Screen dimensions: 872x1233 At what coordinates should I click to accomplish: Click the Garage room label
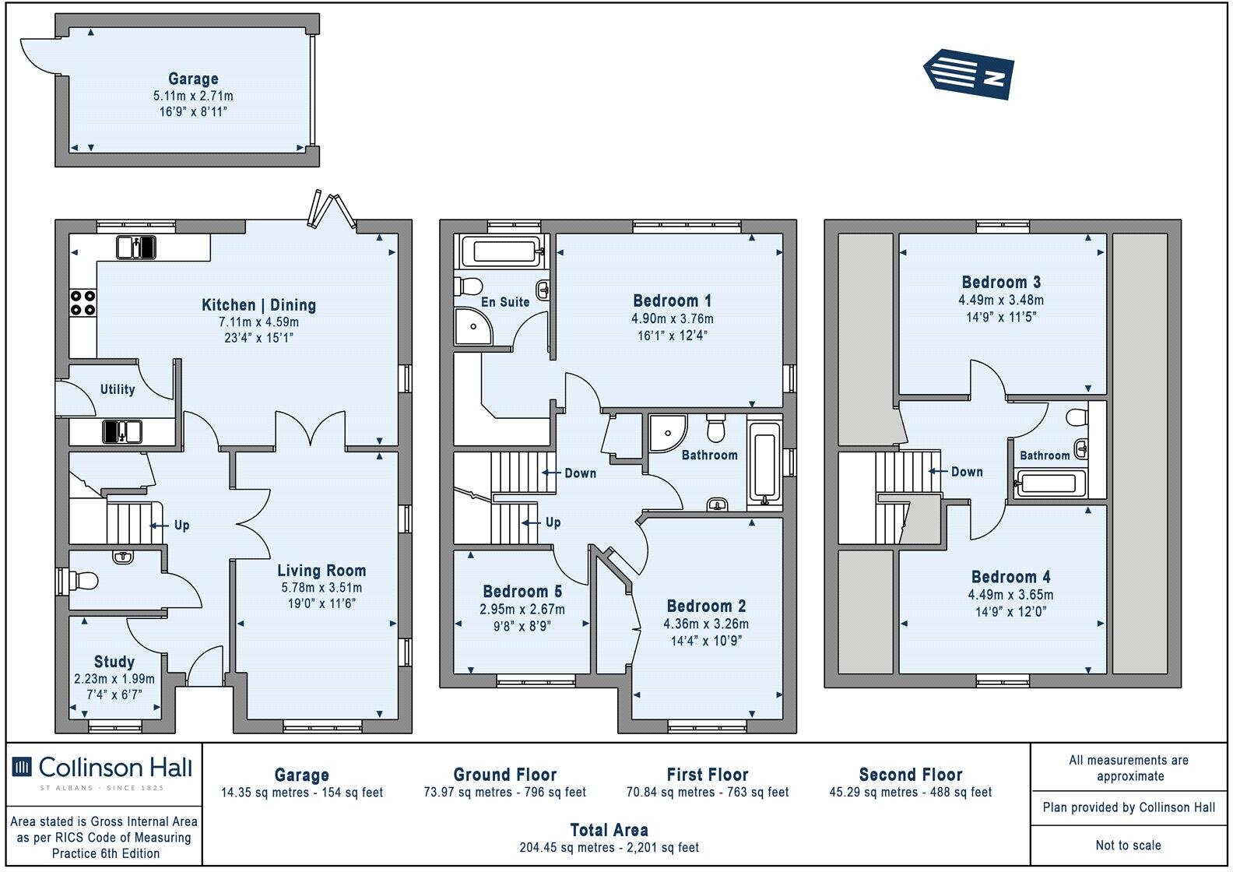(193, 79)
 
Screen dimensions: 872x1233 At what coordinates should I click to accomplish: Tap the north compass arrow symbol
(968, 75)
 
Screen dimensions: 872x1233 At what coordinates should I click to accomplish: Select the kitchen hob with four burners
(83, 302)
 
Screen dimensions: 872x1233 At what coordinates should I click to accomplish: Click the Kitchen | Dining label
(258, 305)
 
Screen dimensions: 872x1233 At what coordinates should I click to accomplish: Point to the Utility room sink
(122, 431)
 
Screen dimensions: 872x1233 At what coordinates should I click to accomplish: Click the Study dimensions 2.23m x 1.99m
(114, 679)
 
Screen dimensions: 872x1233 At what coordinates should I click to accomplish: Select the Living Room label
(321, 571)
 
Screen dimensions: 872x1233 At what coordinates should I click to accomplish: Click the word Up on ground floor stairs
(181, 526)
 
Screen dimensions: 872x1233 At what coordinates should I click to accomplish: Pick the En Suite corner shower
(473, 326)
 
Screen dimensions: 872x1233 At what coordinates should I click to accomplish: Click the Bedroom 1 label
(672, 301)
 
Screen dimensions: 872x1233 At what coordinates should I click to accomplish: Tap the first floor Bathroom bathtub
(764, 466)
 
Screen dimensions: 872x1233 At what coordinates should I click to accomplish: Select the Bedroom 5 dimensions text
(522, 610)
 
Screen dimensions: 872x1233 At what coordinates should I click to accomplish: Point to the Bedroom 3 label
(1001, 282)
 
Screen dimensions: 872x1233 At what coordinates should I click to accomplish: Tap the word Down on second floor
(967, 472)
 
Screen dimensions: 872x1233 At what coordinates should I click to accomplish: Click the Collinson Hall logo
(102, 768)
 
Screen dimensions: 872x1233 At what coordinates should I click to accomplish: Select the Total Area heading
(609, 830)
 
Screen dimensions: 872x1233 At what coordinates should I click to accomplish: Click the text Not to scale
(1128, 846)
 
